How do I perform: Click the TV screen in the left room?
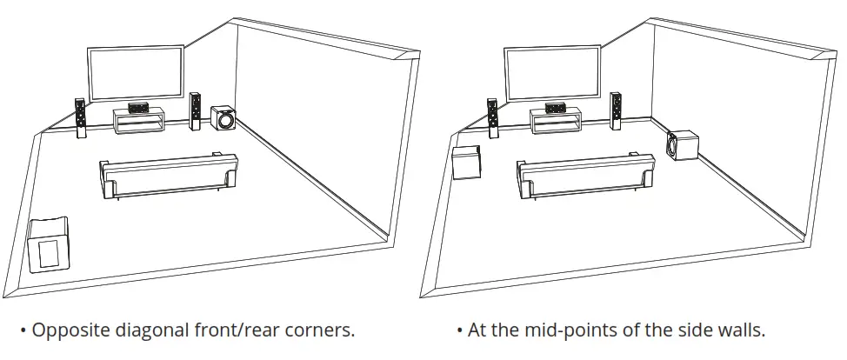[135, 74]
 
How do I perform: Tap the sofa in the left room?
[169, 177]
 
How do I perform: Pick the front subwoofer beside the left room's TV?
[223, 118]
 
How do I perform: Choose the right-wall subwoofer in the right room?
[684, 146]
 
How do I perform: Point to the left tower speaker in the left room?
[80, 117]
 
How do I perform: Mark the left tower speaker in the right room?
[492, 118]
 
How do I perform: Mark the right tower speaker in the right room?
[615, 111]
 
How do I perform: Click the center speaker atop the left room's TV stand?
[137, 108]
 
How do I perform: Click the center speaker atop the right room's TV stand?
[553, 108]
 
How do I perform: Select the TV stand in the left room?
[138, 123]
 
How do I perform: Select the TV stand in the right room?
[555, 123]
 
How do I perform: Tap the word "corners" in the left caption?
[322, 331]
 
